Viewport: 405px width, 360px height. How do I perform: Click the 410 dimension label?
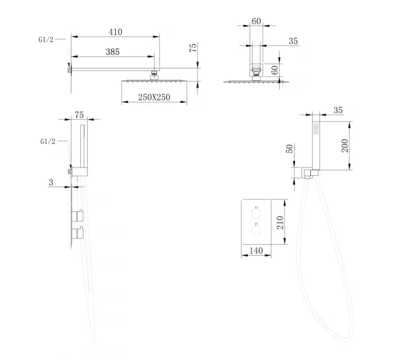pyautogui.click(x=115, y=32)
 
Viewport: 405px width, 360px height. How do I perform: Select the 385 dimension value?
pyautogui.click(x=113, y=52)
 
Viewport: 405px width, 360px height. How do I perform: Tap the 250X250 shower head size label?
pyautogui.click(x=154, y=97)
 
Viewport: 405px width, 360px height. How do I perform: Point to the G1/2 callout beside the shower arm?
pyautogui.click(x=46, y=40)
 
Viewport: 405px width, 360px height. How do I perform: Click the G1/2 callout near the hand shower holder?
pyautogui.click(x=48, y=142)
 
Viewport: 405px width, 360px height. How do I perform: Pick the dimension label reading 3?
pyautogui.click(x=51, y=182)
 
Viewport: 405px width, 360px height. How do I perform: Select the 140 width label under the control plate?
pyautogui.click(x=256, y=251)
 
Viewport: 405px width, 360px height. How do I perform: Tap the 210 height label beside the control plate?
pyautogui.click(x=280, y=223)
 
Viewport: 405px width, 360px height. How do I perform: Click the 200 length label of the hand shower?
pyautogui.click(x=344, y=146)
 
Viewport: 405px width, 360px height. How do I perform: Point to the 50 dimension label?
pyautogui.click(x=290, y=148)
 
